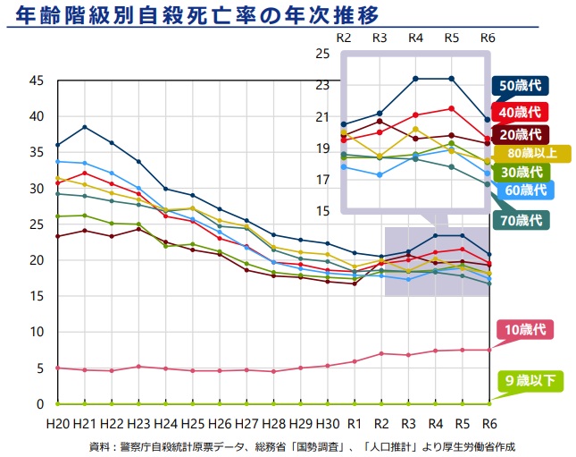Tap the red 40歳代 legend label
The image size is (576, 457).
520,112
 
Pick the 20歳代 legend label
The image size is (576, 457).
520,134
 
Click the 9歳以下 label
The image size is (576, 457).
530,382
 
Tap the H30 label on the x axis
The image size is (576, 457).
328,423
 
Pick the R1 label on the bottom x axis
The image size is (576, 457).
355,423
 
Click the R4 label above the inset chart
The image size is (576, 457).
415,38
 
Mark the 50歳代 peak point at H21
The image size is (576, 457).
85,127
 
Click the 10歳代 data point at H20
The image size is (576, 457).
57,368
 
